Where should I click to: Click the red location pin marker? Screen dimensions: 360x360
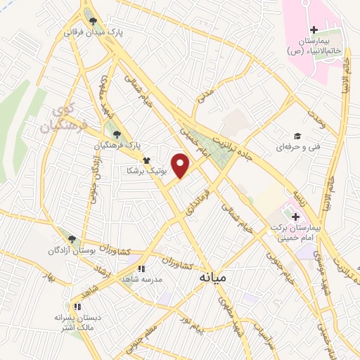coord(181,165)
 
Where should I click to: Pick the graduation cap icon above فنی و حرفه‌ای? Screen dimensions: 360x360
coord(297,136)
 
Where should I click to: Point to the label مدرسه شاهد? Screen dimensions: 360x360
coord(141,278)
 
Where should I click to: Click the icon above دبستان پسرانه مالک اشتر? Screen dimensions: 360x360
coord(77,307)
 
